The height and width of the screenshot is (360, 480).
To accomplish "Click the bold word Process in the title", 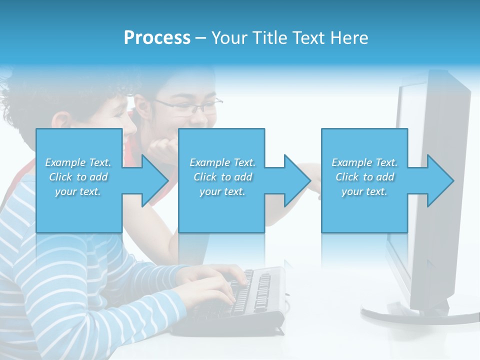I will pyautogui.click(x=157, y=38).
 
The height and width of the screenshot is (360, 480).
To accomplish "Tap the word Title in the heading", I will pyautogui.click(x=270, y=38).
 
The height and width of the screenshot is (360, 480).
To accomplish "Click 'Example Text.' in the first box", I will pyautogui.click(x=78, y=162).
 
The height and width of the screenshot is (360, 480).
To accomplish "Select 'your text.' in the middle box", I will pyautogui.click(x=222, y=191).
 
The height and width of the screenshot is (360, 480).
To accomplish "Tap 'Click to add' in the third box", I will pyautogui.click(x=364, y=177).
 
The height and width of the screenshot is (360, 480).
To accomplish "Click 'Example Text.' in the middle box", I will pyautogui.click(x=222, y=162).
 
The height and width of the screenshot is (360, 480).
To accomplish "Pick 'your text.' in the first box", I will pyautogui.click(x=78, y=191).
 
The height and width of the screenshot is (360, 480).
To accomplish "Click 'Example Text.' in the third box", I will pyautogui.click(x=364, y=162).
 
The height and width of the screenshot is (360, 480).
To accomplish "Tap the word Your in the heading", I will pyautogui.click(x=229, y=38).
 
